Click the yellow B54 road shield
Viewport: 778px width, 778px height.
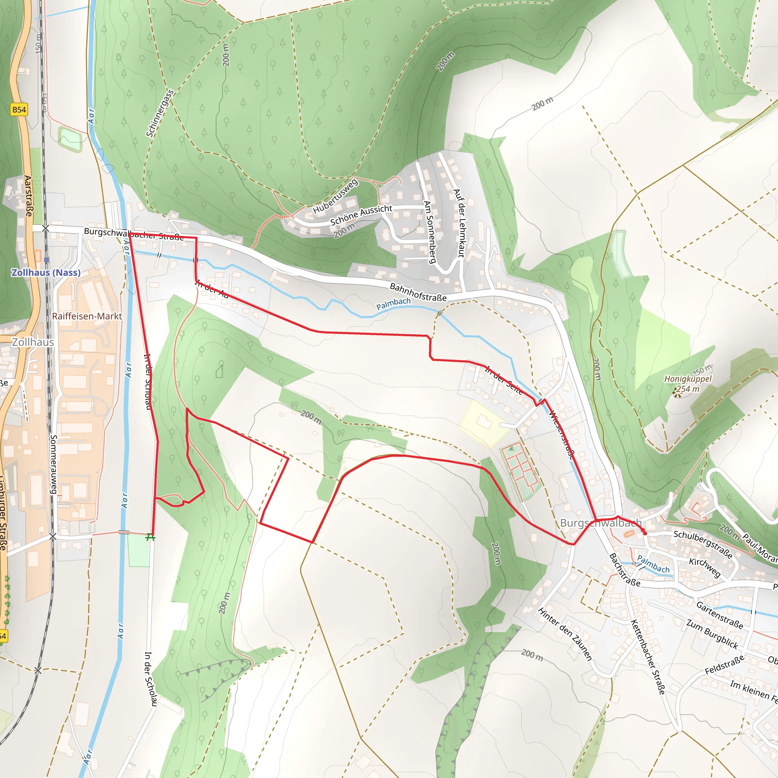19,109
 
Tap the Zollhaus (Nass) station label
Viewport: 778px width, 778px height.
46,273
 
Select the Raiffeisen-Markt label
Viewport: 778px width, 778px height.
87,316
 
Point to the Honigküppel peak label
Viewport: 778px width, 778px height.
688,379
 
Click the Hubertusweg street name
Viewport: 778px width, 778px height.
335,196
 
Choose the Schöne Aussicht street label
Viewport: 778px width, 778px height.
361,215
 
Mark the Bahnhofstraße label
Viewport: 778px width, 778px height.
418,293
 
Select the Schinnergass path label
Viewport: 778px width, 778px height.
160,113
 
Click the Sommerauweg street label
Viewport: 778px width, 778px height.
54,464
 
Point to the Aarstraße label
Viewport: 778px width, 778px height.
28,196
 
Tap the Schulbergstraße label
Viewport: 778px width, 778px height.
703,544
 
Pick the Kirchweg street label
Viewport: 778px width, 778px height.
704,568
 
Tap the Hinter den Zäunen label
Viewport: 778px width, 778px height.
565,634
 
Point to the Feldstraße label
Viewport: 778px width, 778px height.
724,665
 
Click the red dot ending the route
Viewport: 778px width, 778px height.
645,533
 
